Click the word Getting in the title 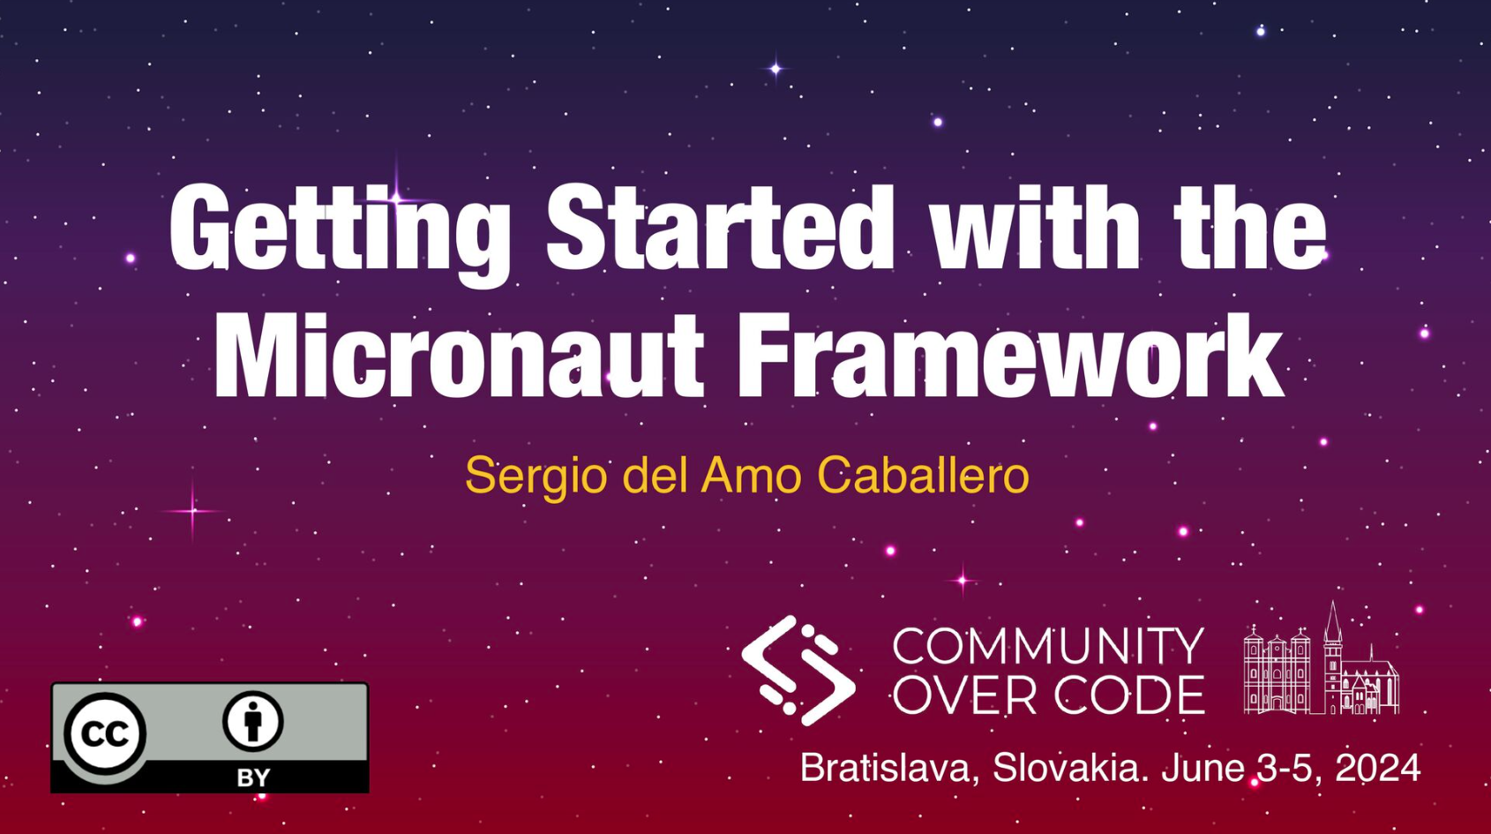pyautogui.click(x=341, y=233)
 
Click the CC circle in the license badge pyautogui.click(x=105, y=733)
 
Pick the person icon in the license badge pyautogui.click(x=253, y=721)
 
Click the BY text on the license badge pyautogui.click(x=253, y=778)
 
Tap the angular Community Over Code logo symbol pyautogui.click(x=798, y=670)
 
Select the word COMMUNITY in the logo pyautogui.click(x=1048, y=646)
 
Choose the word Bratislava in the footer pyautogui.click(x=889, y=768)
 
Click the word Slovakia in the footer pyautogui.click(x=1071, y=768)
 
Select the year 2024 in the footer pyautogui.click(x=1378, y=768)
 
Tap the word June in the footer pyautogui.click(x=1203, y=768)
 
